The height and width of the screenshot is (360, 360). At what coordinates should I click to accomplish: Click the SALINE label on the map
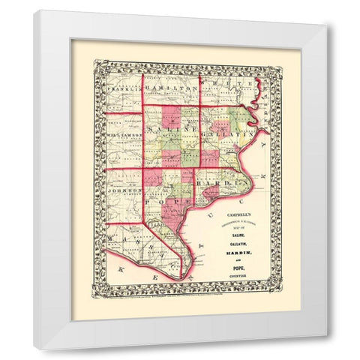click(x=171, y=131)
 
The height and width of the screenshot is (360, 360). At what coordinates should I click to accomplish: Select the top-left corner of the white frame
click(x=35, y=10)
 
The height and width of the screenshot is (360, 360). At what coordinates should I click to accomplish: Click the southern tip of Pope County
click(x=178, y=278)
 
